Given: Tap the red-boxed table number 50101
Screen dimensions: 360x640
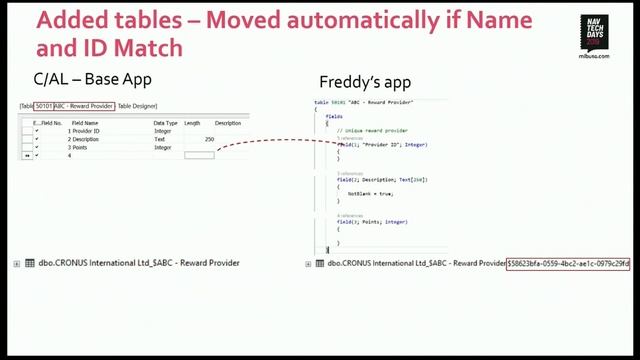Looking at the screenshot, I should click(x=44, y=105).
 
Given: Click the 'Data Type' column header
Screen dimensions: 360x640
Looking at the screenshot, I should click(x=165, y=123).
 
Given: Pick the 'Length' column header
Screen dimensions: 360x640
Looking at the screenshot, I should click(x=193, y=123).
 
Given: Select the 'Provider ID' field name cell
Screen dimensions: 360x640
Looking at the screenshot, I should click(x=85, y=131).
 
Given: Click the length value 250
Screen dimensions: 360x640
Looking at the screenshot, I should click(x=209, y=139).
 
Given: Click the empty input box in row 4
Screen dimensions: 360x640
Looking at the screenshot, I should click(x=199, y=155).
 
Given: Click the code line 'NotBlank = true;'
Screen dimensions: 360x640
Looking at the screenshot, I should click(x=370, y=193).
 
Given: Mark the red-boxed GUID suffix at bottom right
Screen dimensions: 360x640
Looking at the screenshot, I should click(x=568, y=263).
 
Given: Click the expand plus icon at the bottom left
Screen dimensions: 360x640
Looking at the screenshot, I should click(x=16, y=263).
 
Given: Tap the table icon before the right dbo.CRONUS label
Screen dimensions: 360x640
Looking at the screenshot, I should click(x=321, y=263).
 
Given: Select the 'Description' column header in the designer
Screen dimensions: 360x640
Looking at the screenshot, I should click(x=227, y=123).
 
